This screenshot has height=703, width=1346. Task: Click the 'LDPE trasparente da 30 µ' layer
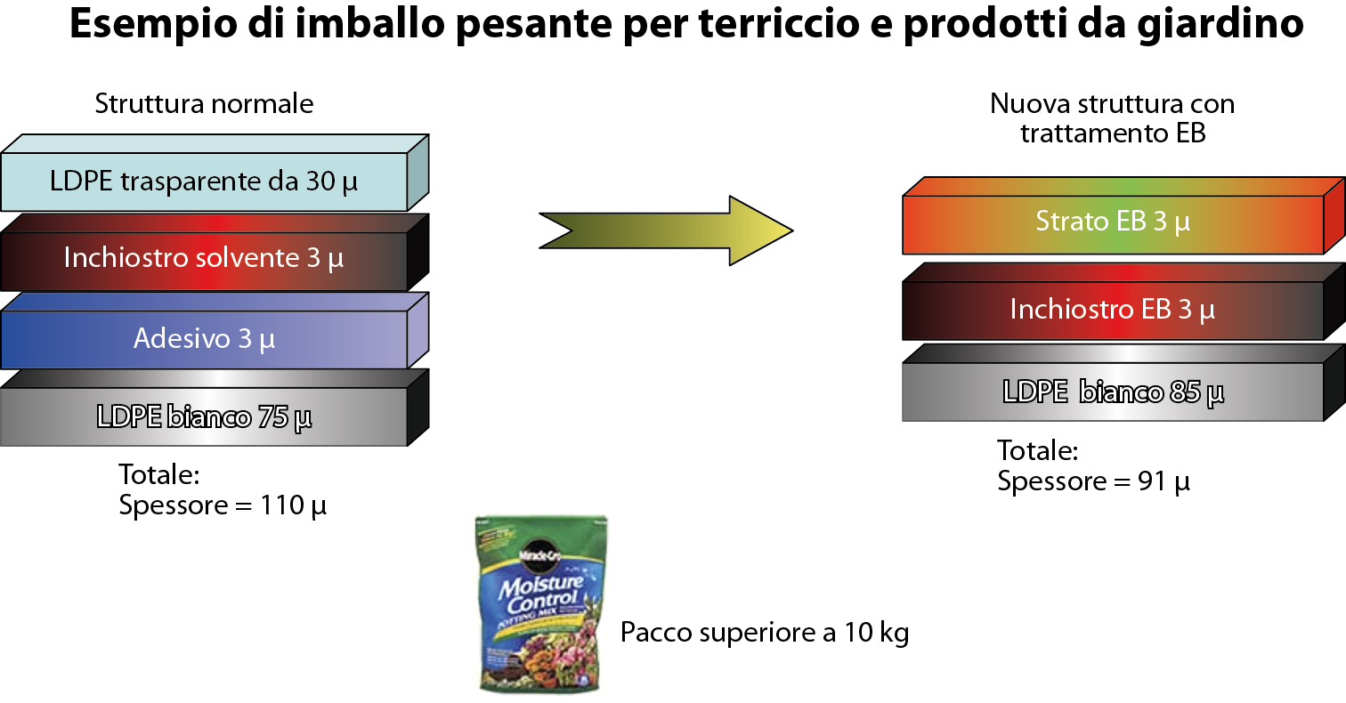(x=204, y=182)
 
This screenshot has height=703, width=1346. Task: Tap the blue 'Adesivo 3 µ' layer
(x=204, y=338)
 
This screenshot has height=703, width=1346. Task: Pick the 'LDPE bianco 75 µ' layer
(x=204, y=416)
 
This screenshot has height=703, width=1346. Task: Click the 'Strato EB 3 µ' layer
(x=1113, y=222)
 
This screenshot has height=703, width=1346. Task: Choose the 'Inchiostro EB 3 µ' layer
(x=1113, y=310)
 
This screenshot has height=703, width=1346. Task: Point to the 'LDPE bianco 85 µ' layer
(x=1113, y=391)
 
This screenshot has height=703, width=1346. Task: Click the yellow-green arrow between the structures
(x=668, y=230)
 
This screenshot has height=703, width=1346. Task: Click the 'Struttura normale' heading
(x=204, y=104)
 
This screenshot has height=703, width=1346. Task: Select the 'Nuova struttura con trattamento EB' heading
(x=1112, y=118)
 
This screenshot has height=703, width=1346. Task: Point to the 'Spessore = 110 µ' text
(x=223, y=506)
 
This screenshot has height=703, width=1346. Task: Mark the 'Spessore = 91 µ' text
(x=1093, y=481)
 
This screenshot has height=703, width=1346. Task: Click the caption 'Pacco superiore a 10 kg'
(x=765, y=633)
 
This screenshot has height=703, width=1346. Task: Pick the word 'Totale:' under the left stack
(x=159, y=474)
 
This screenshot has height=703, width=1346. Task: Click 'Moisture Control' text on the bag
(x=539, y=597)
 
